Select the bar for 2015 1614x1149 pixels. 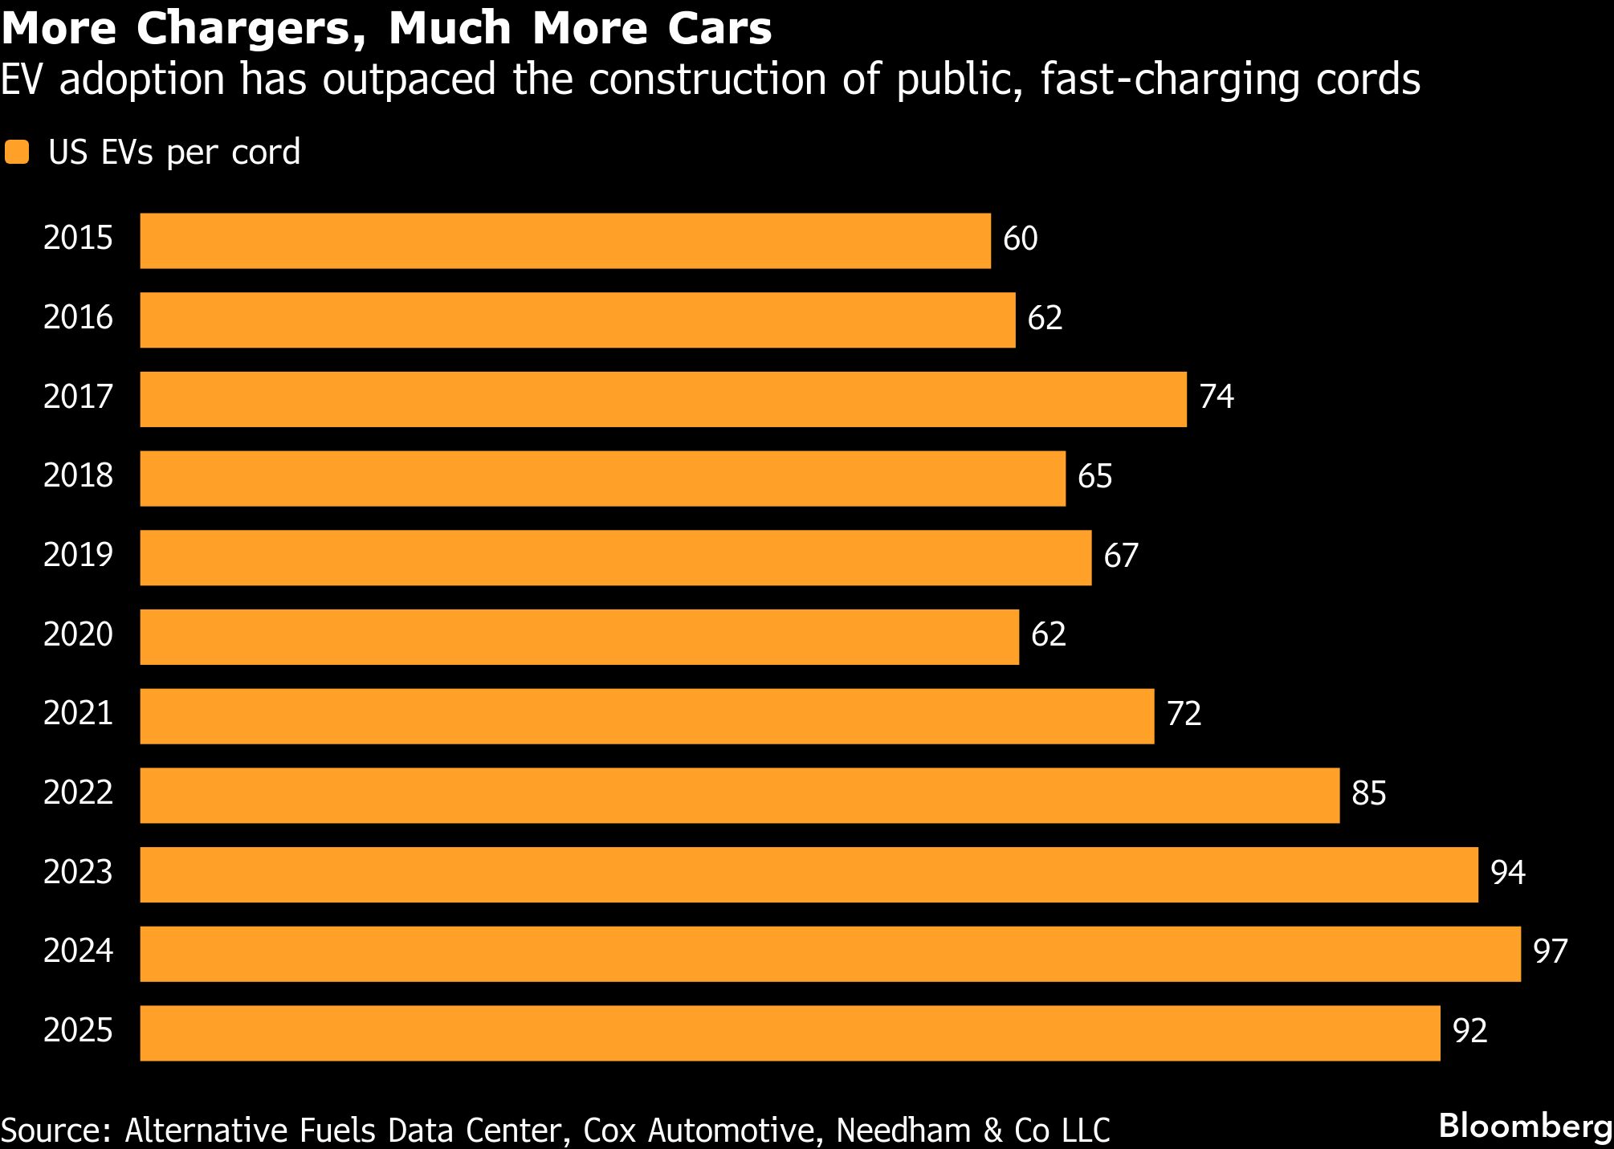(x=565, y=241)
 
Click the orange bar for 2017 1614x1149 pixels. (x=663, y=399)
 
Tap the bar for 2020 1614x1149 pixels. (x=580, y=637)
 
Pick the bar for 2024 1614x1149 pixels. (x=830, y=954)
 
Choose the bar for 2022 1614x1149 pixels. (x=740, y=795)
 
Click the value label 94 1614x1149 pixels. (x=1507, y=873)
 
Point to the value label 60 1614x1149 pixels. (x=1020, y=239)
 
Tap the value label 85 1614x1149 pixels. (x=1368, y=794)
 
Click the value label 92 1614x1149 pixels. (x=1469, y=1031)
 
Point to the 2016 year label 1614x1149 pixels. (x=78, y=318)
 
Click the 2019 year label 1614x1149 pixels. (x=78, y=556)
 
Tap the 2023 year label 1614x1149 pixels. (x=78, y=873)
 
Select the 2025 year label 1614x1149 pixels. (x=78, y=1031)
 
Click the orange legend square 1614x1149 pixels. (x=17, y=153)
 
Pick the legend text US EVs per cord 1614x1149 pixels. (x=174, y=153)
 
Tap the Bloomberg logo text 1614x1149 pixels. (x=1525, y=1127)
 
